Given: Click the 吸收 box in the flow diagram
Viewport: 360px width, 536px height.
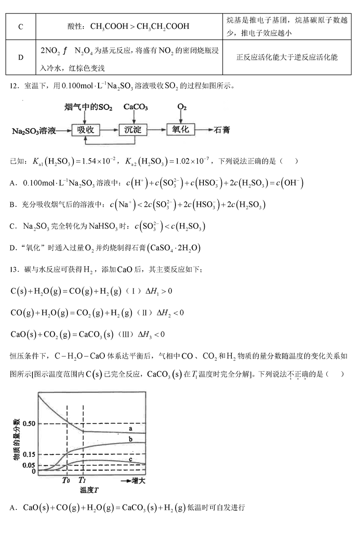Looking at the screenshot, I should coord(85,130).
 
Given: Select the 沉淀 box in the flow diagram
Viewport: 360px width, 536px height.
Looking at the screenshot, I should coord(133,130).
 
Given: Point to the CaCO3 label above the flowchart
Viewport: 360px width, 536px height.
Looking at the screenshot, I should coord(135,107).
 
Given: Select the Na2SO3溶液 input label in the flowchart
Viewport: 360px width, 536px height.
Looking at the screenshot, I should coord(34,131).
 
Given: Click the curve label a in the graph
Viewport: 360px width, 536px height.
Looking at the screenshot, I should coord(130,428).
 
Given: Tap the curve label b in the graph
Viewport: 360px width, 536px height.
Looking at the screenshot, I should coord(130,439).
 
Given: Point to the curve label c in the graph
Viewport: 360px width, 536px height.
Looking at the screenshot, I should coord(130,459).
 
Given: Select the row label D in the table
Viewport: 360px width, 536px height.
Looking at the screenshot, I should coord(21,57).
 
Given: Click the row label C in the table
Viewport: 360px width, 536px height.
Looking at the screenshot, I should coord(21,27).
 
